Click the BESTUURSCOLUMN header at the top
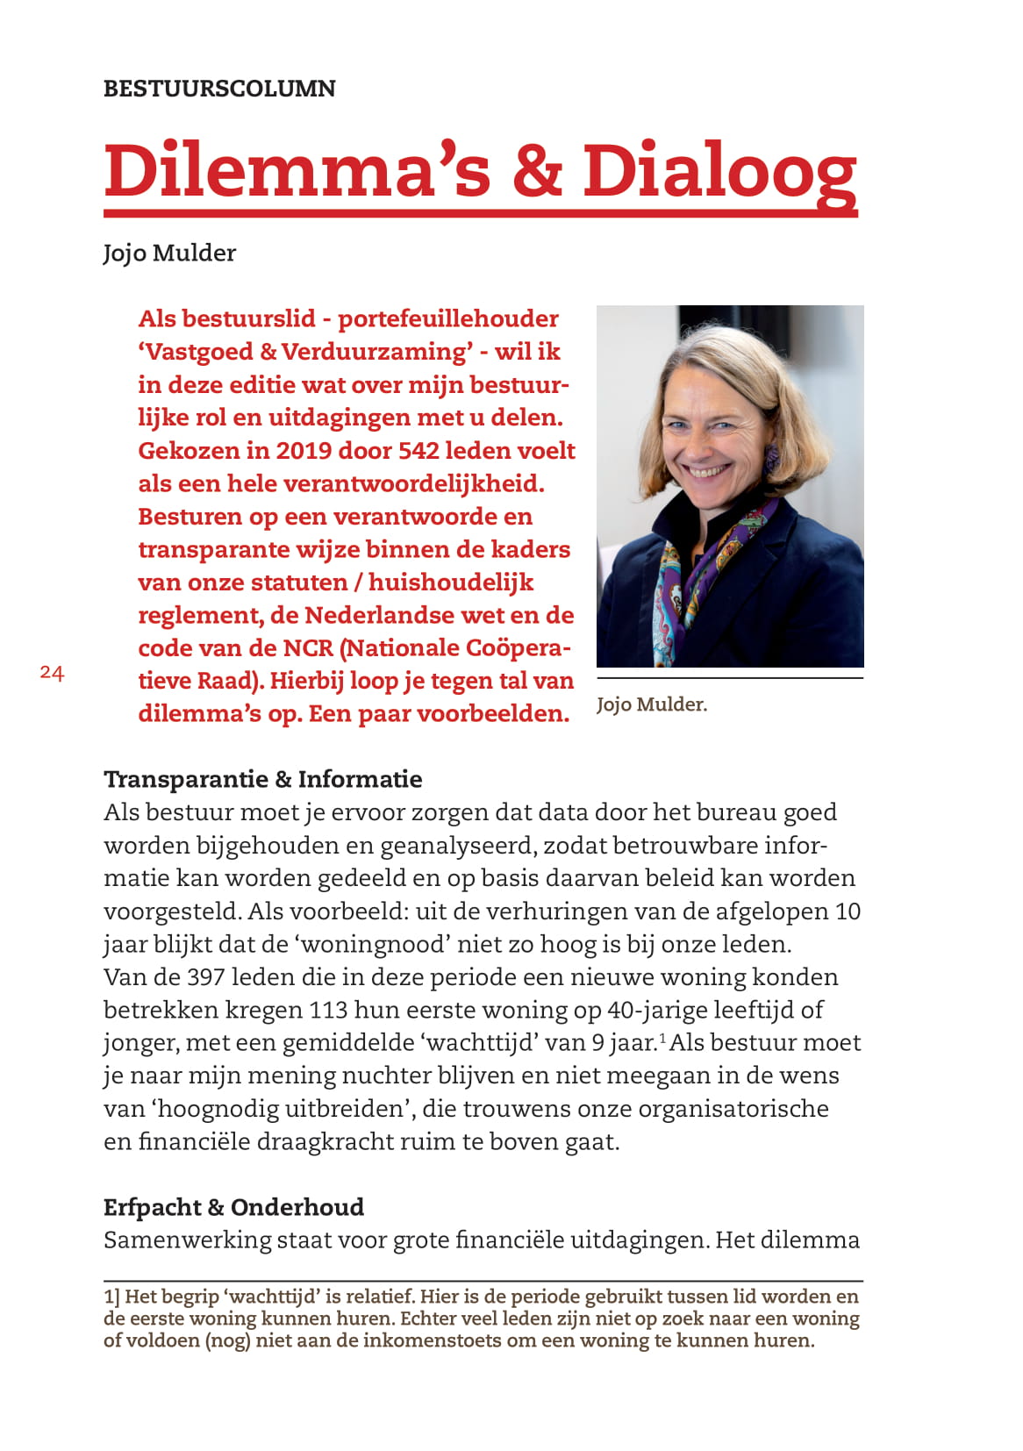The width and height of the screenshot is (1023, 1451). click(219, 89)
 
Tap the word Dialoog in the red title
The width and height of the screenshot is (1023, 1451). click(719, 170)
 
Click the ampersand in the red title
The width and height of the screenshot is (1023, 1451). click(536, 170)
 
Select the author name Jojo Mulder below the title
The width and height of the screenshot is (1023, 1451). click(169, 254)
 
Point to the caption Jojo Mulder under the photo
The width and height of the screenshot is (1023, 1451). click(651, 704)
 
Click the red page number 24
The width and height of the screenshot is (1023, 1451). click(52, 673)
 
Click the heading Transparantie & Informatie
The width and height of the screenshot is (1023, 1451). click(262, 779)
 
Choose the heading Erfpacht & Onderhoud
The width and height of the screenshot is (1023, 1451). click(233, 1207)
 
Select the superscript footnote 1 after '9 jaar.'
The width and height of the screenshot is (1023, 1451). click(662, 1039)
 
